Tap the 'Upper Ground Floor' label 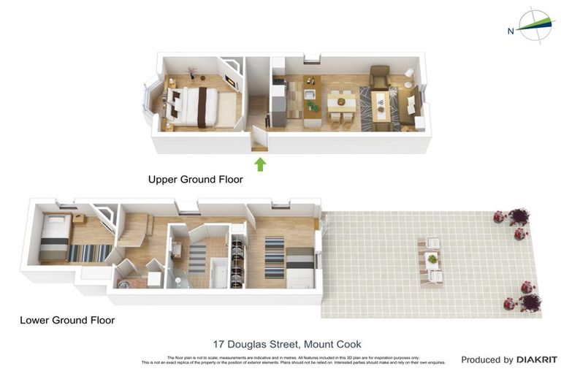pyautogui.click(x=195, y=179)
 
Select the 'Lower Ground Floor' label pyautogui.click(x=67, y=320)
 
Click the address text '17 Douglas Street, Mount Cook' pyautogui.click(x=287, y=344)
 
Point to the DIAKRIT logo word pyautogui.click(x=537, y=359)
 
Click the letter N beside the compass pyautogui.click(x=511, y=31)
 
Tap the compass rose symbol pyautogui.click(x=536, y=26)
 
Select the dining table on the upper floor pyautogui.click(x=340, y=104)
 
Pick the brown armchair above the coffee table pyautogui.click(x=380, y=76)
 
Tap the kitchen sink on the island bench pyautogui.click(x=310, y=94)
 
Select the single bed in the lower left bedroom pyautogui.click(x=55, y=237)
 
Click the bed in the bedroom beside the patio pyautogui.click(x=299, y=266)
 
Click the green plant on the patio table pyautogui.click(x=432, y=258)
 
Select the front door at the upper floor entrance pyautogui.click(x=257, y=138)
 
